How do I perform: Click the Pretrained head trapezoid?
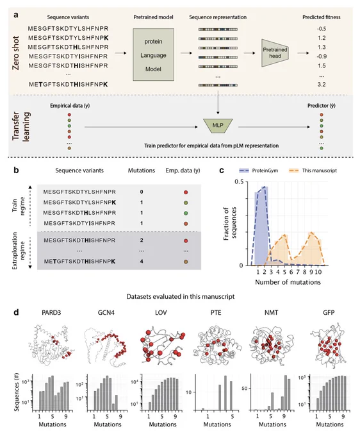tap(275, 53)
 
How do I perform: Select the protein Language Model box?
tap(153, 55)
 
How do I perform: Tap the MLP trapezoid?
tap(218, 126)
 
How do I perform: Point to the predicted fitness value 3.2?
tap(322, 84)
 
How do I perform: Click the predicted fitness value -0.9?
tap(322, 56)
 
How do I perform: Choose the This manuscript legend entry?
tap(313, 171)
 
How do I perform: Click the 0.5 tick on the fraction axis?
tap(238, 181)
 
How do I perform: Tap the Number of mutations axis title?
tap(288, 282)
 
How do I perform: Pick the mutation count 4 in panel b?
tap(142, 262)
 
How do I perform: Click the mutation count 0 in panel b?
tap(142, 192)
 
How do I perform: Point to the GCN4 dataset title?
tap(106, 312)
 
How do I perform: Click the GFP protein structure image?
tap(329, 345)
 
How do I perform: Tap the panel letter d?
tap(16, 312)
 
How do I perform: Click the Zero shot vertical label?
tap(16, 53)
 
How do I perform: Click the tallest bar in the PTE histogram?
tap(225, 393)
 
